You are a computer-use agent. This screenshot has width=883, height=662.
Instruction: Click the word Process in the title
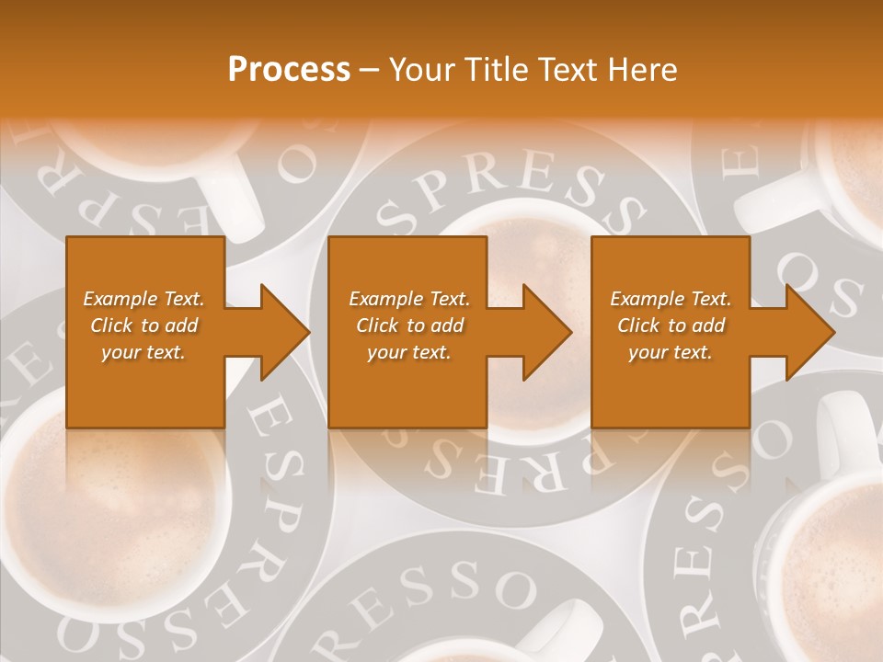[289, 70]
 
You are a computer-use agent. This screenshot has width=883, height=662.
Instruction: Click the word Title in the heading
[493, 70]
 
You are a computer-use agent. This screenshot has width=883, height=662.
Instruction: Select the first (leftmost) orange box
[145, 332]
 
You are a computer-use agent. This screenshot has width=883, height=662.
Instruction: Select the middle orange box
[407, 332]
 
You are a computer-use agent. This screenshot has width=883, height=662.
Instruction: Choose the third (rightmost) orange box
[670, 332]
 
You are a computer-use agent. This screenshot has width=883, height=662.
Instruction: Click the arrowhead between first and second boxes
[283, 332]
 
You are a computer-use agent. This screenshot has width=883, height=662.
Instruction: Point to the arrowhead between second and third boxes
[545, 332]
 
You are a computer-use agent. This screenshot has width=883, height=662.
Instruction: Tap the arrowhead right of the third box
[808, 332]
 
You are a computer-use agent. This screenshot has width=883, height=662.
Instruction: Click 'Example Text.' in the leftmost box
[143, 299]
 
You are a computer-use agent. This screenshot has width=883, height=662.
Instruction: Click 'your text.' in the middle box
[408, 352]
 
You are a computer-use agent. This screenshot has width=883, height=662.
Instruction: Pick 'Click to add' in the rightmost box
[671, 325]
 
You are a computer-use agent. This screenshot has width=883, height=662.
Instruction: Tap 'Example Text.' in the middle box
[408, 299]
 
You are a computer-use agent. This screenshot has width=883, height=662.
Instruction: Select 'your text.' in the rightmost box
[670, 352]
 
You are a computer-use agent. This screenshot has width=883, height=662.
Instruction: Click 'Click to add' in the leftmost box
[143, 325]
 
